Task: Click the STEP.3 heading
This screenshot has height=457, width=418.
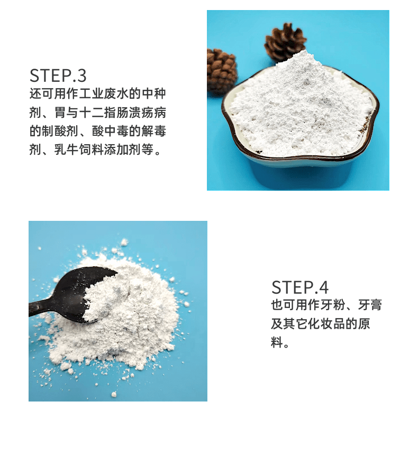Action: click(x=58, y=76)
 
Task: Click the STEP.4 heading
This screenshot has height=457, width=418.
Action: click(x=300, y=287)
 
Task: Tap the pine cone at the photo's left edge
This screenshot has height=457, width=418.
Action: click(x=221, y=70)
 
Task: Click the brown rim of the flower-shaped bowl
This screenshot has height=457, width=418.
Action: click(x=301, y=160)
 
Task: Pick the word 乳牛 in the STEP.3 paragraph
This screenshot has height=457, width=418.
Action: click(x=67, y=150)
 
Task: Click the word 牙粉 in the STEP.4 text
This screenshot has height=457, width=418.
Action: click(x=333, y=305)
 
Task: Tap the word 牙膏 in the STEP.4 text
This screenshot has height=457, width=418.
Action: click(x=370, y=305)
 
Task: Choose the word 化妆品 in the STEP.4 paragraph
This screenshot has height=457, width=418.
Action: click(x=326, y=324)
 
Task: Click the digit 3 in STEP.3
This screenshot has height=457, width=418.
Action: click(x=82, y=76)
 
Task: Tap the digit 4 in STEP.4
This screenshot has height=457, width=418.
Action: click(x=324, y=287)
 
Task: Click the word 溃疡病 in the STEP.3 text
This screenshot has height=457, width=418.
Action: click(x=148, y=113)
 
